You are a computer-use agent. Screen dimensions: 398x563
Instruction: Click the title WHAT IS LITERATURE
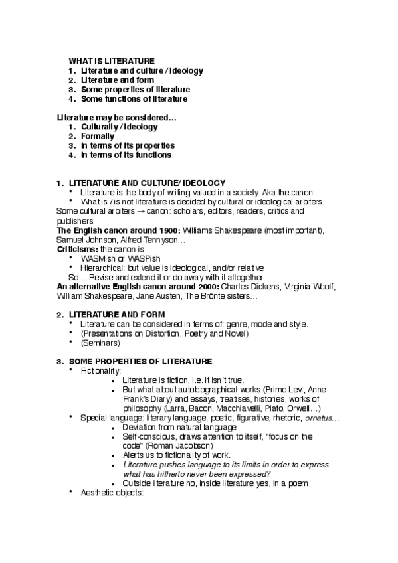point(112,60)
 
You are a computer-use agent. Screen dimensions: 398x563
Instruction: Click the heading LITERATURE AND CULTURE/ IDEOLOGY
point(147,183)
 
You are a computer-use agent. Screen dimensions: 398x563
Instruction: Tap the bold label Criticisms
point(77,248)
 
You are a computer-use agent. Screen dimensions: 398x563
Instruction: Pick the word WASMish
point(98,258)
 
